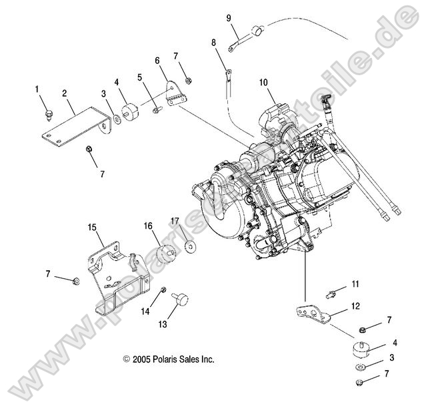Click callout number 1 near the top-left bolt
tap(37, 89)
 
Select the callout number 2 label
tap(65, 94)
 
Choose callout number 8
tap(214, 42)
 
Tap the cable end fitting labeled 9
tap(256, 31)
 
